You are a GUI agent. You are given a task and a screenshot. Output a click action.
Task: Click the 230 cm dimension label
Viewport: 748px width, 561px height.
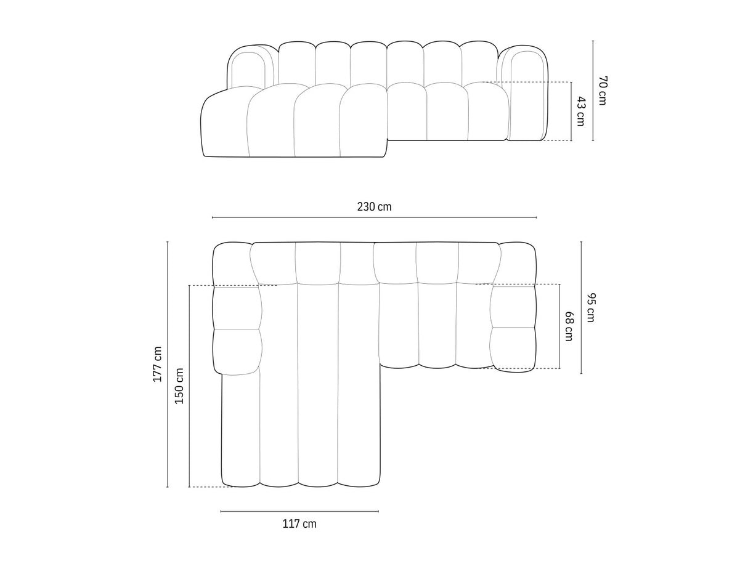pyautogui.click(x=374, y=207)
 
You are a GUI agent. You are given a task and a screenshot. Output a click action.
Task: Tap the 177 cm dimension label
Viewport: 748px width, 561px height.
pyautogui.click(x=158, y=365)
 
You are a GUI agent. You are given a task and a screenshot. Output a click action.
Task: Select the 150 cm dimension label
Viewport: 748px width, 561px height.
pyautogui.click(x=179, y=386)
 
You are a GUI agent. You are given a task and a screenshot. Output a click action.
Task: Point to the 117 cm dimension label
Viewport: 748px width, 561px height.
pyautogui.click(x=299, y=524)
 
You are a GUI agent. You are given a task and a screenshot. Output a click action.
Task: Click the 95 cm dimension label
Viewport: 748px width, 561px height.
pyautogui.click(x=591, y=308)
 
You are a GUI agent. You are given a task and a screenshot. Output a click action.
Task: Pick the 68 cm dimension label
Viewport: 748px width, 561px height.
pyautogui.click(x=569, y=327)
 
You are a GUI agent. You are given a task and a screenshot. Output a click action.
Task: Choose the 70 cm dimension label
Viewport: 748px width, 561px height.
pyautogui.click(x=602, y=91)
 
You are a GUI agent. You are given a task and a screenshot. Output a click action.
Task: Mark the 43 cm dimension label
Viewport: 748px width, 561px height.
pyautogui.click(x=580, y=111)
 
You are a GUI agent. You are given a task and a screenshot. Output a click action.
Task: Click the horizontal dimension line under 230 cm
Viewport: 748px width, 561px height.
pyautogui.click(x=374, y=217)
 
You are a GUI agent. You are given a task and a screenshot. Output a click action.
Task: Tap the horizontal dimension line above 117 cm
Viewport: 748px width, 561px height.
pyautogui.click(x=299, y=511)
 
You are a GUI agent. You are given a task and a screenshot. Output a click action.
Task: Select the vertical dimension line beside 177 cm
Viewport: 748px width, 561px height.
pyautogui.click(x=168, y=365)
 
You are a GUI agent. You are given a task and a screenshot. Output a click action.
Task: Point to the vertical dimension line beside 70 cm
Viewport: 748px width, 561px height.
pyautogui.click(x=593, y=91)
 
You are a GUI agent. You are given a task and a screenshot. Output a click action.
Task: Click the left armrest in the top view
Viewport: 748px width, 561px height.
pyautogui.click(x=236, y=308)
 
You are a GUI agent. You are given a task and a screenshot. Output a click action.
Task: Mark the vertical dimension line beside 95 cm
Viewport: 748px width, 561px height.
pyautogui.click(x=581, y=308)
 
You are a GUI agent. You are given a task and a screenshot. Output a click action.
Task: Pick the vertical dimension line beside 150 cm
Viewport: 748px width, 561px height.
pyautogui.click(x=189, y=386)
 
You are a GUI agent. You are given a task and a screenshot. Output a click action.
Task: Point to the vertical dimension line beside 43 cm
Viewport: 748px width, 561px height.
pyautogui.click(x=571, y=111)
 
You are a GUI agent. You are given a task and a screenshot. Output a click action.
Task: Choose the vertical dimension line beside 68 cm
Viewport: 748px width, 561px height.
pyautogui.click(x=559, y=326)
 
